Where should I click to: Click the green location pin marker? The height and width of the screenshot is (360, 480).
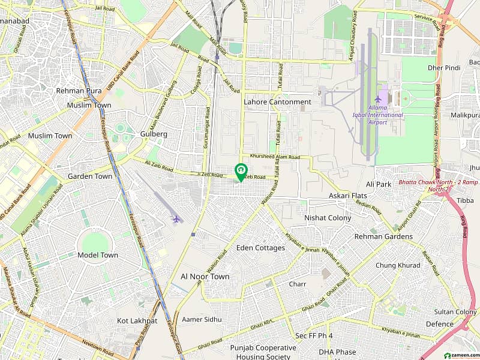pos(241,172)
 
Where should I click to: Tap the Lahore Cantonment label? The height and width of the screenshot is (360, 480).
pos(277,102)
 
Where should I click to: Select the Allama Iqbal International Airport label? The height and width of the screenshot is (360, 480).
pos(378,115)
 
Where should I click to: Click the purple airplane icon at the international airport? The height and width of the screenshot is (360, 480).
pos(378,100)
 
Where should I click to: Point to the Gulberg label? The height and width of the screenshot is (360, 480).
pos(153,134)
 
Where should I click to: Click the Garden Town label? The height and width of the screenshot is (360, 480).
pos(90,176)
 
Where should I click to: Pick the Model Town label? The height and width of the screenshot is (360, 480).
pos(98,255)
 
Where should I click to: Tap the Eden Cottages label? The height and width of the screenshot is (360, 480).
pos(260,248)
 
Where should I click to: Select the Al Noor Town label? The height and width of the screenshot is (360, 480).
pos(205,277)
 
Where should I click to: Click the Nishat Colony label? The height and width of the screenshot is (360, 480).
pos(328,218)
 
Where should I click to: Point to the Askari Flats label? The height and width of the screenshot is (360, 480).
pos(348,196)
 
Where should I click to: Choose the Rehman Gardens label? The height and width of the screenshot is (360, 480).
pos(383,236)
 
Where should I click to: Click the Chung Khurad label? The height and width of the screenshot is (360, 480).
pos(398,265)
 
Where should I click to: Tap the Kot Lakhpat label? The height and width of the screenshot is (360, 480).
pos(137,321)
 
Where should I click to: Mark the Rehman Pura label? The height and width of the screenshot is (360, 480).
pos(79,91)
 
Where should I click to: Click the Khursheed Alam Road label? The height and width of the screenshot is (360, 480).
pos(275,157)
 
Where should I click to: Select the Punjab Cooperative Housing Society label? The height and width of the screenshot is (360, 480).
pos(263,352)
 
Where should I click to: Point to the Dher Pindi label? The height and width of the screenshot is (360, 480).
pos(443,68)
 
